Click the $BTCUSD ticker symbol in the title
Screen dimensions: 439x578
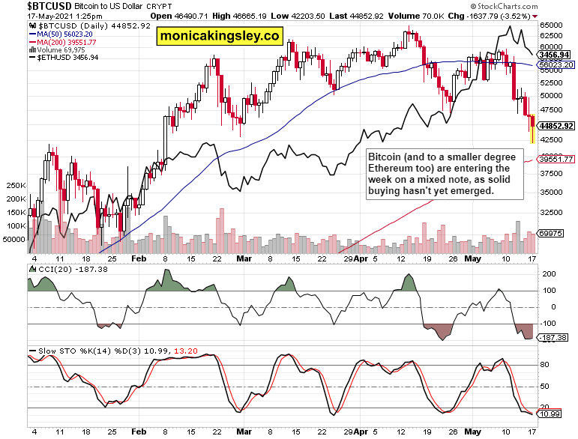point(32,5)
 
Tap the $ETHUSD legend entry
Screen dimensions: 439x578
point(62,58)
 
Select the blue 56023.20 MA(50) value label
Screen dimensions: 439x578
point(557,65)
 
